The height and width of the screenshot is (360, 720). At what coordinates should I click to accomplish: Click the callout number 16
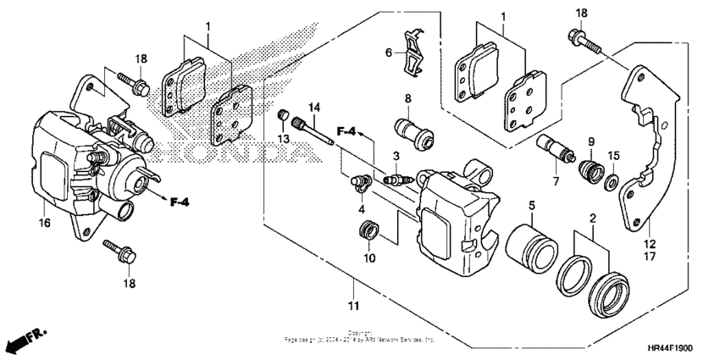click(43, 223)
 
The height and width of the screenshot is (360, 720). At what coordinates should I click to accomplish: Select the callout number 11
click(353, 305)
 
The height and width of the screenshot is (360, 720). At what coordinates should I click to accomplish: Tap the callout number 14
click(314, 107)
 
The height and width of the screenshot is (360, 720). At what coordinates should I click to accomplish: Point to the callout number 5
click(531, 206)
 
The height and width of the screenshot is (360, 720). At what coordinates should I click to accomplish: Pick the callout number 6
click(390, 53)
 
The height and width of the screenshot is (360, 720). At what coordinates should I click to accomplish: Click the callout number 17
click(651, 255)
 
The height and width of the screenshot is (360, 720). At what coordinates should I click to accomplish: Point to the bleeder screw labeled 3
click(397, 180)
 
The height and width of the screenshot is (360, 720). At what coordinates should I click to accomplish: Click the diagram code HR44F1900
click(682, 349)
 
